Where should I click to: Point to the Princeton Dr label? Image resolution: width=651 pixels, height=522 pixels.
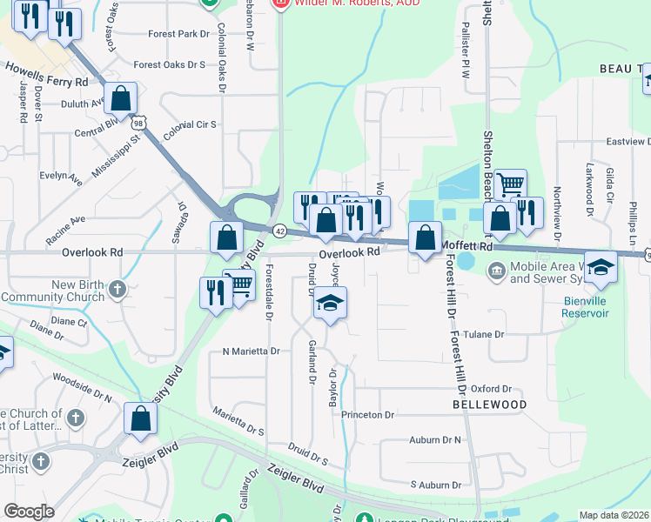click(x=367, y=415)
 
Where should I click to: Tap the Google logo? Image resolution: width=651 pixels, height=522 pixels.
click(x=29, y=511)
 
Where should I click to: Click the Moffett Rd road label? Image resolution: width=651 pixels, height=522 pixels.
click(x=466, y=246)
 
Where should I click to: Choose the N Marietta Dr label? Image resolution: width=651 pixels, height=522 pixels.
click(x=251, y=351)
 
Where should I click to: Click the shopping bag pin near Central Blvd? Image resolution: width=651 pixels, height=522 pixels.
click(x=122, y=98)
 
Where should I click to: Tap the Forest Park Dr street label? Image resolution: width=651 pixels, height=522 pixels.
click(x=179, y=35)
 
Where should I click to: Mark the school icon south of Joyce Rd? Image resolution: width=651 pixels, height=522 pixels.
click(x=330, y=304)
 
